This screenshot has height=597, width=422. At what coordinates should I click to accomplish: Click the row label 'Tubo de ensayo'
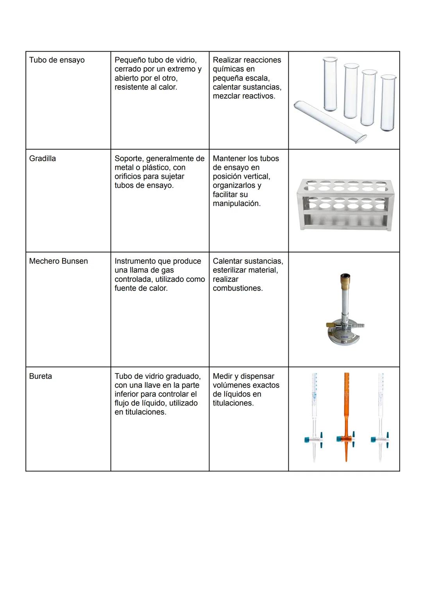point(57,60)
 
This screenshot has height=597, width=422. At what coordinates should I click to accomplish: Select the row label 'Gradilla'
point(42,159)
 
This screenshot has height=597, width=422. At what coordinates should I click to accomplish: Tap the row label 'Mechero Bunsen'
point(58,261)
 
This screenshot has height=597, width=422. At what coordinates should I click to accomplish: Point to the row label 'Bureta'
point(40,376)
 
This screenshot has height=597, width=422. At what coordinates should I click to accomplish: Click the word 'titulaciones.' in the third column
point(233,403)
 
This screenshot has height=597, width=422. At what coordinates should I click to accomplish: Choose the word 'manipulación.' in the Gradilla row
point(236,204)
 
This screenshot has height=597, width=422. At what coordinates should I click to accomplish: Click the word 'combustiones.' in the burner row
point(238,288)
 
